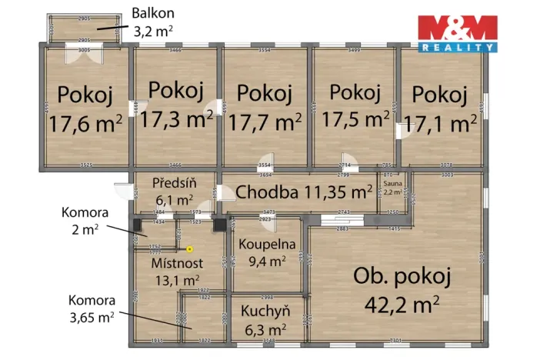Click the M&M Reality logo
coord(457,32)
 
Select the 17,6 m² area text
coord(85,123)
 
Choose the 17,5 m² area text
coord(355,118)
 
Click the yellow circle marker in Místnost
coord(190,248)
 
